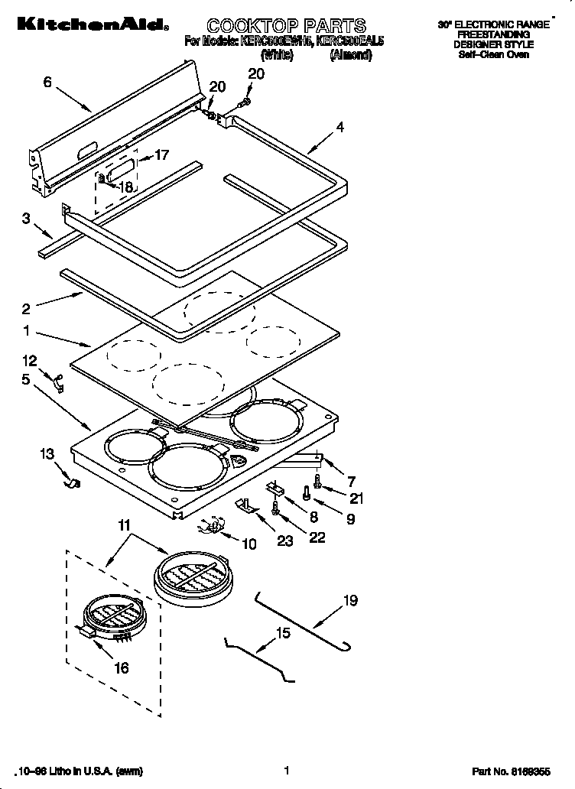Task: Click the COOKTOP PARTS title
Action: pyautogui.click(x=276, y=27)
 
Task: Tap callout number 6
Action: pyautogui.click(x=47, y=82)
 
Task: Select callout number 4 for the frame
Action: pyautogui.click(x=339, y=127)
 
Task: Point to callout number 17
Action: pyautogui.click(x=161, y=154)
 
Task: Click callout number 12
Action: pyautogui.click(x=29, y=359)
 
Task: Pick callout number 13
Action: pyautogui.click(x=47, y=454)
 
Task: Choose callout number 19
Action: pyautogui.click(x=350, y=601)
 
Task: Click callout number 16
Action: pyautogui.click(x=120, y=667)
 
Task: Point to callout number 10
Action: pyautogui.click(x=249, y=544)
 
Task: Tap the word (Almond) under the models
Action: pyautogui.click(x=351, y=56)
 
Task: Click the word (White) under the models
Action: pyautogui.click(x=277, y=56)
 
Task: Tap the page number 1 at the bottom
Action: pyautogui.click(x=286, y=771)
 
